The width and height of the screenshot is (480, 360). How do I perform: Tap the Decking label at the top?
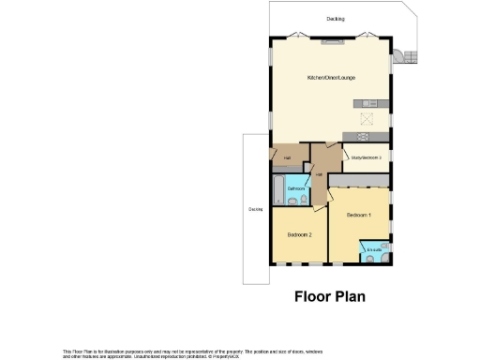[x=336, y=19]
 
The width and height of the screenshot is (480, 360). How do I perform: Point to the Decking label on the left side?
[x=255, y=209]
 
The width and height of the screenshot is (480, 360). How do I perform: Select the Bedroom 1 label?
[x=358, y=216]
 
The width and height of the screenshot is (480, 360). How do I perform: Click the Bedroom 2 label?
[x=299, y=232]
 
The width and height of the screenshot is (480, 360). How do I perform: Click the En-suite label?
[x=374, y=249]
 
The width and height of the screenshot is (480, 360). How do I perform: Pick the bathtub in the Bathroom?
[x=277, y=190]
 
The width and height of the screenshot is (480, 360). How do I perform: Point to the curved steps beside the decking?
[x=405, y=56]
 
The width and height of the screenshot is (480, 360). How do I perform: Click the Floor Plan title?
[x=329, y=297]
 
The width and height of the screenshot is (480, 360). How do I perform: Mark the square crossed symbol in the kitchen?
[x=367, y=119]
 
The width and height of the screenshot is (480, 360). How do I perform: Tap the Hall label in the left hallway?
[x=286, y=157]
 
